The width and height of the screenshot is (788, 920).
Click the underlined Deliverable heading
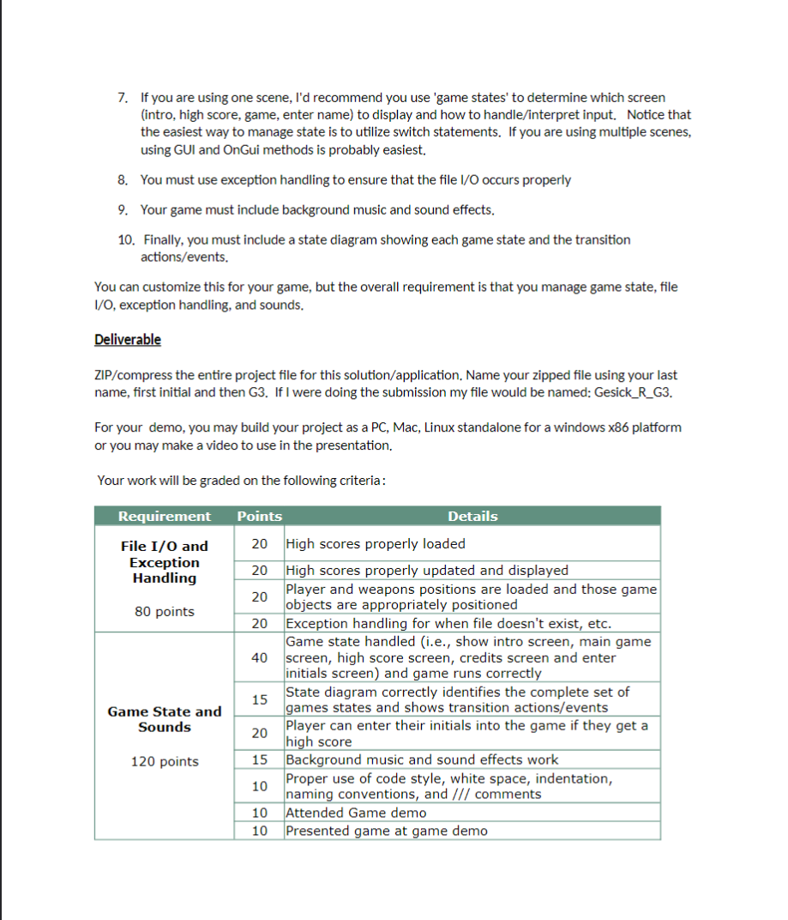coord(127,339)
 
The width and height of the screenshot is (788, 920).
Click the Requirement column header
coord(164,516)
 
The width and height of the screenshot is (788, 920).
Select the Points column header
coord(259,516)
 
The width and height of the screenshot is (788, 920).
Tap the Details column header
coord(472,516)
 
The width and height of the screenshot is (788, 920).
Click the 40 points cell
coord(259,657)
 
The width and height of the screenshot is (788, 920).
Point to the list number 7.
coord(123,98)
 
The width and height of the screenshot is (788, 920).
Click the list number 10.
coord(125,240)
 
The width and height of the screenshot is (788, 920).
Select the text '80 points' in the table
coord(164,612)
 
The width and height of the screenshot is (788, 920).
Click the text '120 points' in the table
coord(164,761)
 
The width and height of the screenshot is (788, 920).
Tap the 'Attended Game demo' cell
coord(355,813)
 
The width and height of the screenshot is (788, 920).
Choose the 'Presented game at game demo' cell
coord(386,831)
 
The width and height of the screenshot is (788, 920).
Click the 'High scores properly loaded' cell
coord(376,543)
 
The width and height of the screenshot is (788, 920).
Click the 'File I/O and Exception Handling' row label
coord(164,562)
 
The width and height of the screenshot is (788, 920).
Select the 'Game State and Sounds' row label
coord(164,719)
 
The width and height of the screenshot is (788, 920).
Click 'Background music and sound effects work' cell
coord(421,760)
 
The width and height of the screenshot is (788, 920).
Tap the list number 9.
coord(123,210)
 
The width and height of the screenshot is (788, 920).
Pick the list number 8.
coord(123,180)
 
